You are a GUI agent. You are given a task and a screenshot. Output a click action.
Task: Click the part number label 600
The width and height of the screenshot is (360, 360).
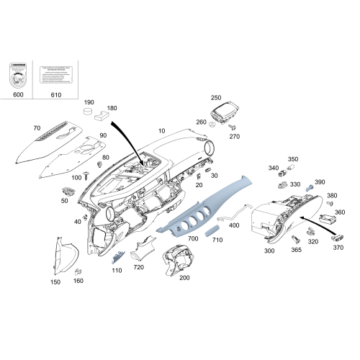point(19,95)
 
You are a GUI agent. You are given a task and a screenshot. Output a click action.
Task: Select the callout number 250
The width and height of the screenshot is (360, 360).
point(216,97)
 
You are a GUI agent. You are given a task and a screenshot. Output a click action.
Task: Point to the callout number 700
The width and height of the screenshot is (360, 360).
point(193,238)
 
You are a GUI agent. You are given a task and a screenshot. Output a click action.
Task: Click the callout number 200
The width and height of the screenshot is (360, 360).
point(184,277)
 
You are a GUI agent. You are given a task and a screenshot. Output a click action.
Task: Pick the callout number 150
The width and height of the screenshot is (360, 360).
point(55,283)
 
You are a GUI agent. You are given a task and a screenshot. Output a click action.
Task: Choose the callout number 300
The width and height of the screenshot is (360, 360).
point(269,251)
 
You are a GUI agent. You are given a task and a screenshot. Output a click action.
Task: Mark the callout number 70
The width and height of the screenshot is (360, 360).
point(37,128)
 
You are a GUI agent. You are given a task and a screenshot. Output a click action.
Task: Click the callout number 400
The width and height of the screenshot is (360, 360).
point(234,225)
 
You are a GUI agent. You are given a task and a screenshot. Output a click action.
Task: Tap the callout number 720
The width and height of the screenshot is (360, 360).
point(139,268)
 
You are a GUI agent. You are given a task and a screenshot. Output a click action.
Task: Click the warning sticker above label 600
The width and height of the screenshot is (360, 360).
point(19,75)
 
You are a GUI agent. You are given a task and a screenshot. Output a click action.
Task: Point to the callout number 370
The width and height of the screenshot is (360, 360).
point(338,248)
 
